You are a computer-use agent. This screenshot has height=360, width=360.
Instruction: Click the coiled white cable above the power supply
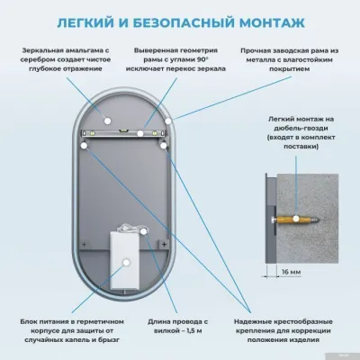132,231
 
